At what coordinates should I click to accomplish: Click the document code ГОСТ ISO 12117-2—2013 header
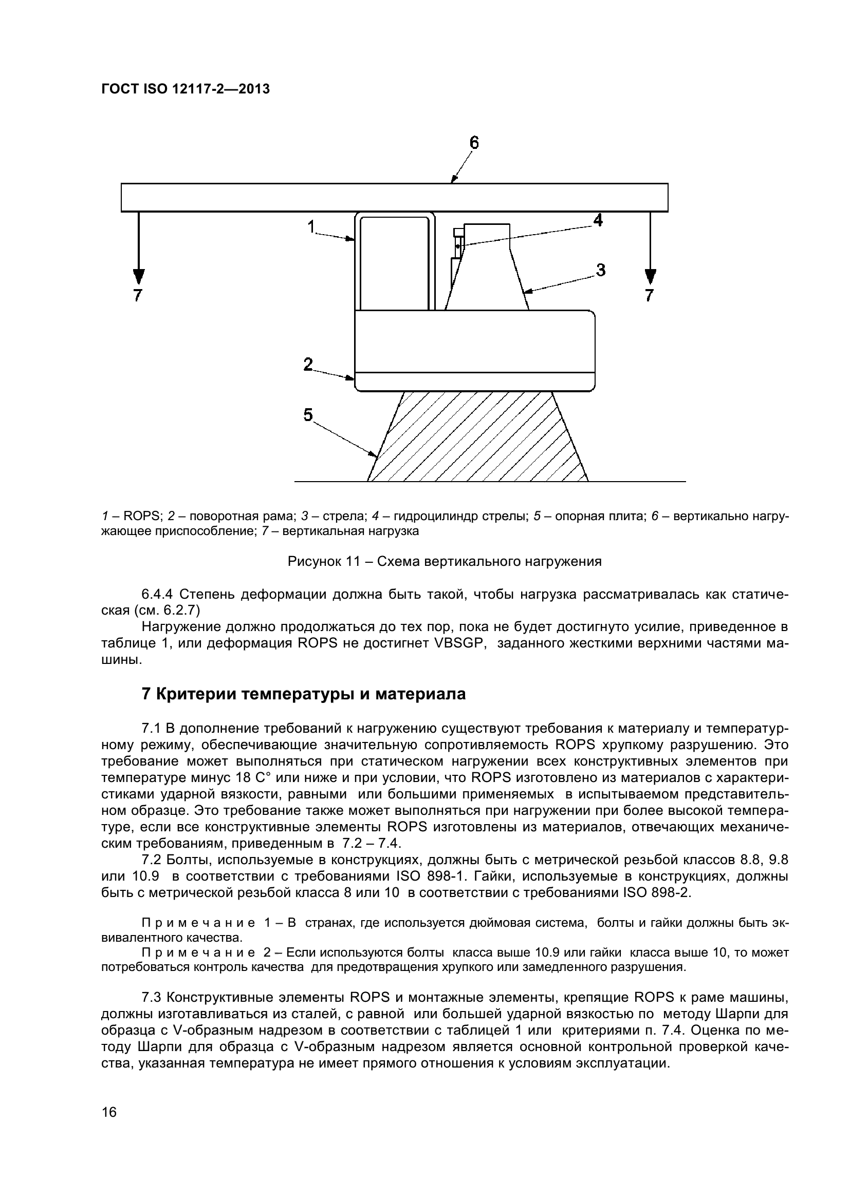[186, 89]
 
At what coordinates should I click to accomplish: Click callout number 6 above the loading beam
[474, 143]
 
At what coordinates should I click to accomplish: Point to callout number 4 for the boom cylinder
[597, 220]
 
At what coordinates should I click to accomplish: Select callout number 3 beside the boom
[600, 271]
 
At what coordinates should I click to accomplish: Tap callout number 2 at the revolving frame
[308, 364]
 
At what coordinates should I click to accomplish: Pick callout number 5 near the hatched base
[308, 415]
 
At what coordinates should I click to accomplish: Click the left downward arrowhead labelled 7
[138, 277]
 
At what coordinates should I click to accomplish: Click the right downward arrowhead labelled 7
[650, 277]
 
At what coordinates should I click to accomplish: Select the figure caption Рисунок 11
[445, 562]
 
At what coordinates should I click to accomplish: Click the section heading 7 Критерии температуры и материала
[304, 694]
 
